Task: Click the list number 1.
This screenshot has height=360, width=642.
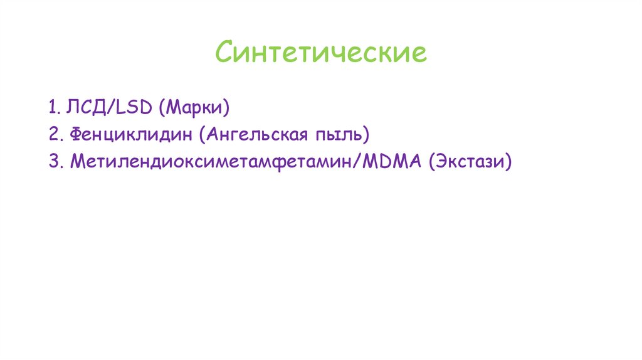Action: tap(51, 107)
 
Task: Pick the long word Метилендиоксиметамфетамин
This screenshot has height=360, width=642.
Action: tap(212, 161)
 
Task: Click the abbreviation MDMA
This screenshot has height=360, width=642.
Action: tap(392, 161)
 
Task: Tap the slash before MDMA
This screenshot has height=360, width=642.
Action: tap(358, 161)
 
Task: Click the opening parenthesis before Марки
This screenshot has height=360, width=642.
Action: tap(162, 108)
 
